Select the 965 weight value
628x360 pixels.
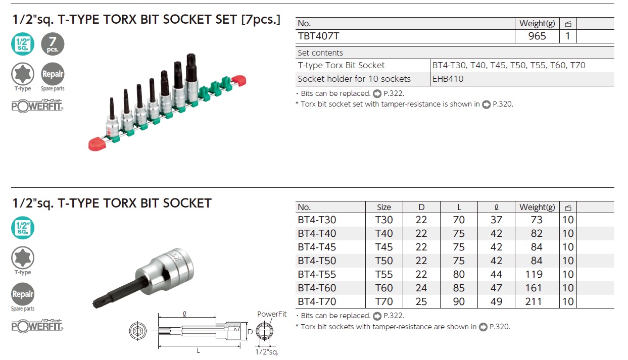537,36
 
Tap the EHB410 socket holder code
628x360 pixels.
448,79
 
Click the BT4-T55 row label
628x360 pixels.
317,274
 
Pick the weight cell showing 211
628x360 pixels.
537,301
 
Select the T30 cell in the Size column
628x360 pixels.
384,220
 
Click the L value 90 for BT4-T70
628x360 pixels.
459,301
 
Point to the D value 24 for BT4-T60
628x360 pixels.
421,288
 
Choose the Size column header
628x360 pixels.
384,207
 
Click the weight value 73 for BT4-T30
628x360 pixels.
537,220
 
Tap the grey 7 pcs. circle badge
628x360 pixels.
53,44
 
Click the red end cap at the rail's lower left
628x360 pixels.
96,144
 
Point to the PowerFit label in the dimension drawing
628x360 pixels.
272,314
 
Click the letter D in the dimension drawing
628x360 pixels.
249,332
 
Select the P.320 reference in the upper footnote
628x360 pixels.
502,105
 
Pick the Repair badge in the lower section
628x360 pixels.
23,294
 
